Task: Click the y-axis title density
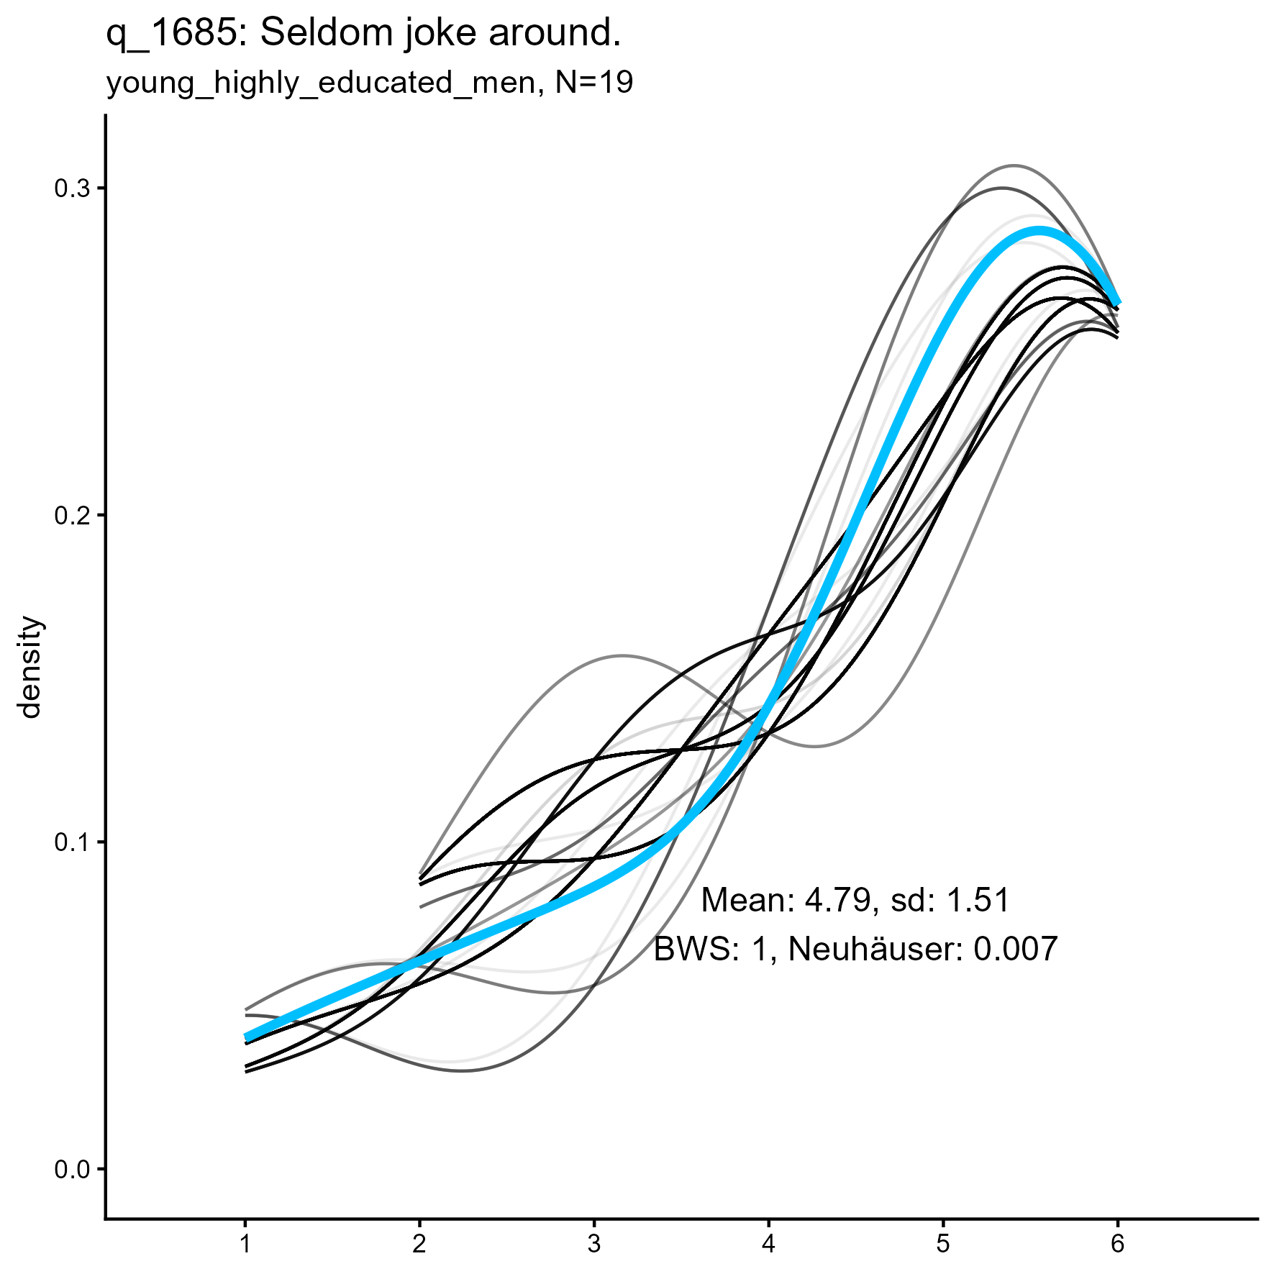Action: point(31,667)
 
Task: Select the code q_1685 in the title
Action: point(171,35)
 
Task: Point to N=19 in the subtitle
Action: point(594,83)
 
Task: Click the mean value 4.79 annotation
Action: point(837,901)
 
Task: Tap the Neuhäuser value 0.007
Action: point(1015,950)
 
